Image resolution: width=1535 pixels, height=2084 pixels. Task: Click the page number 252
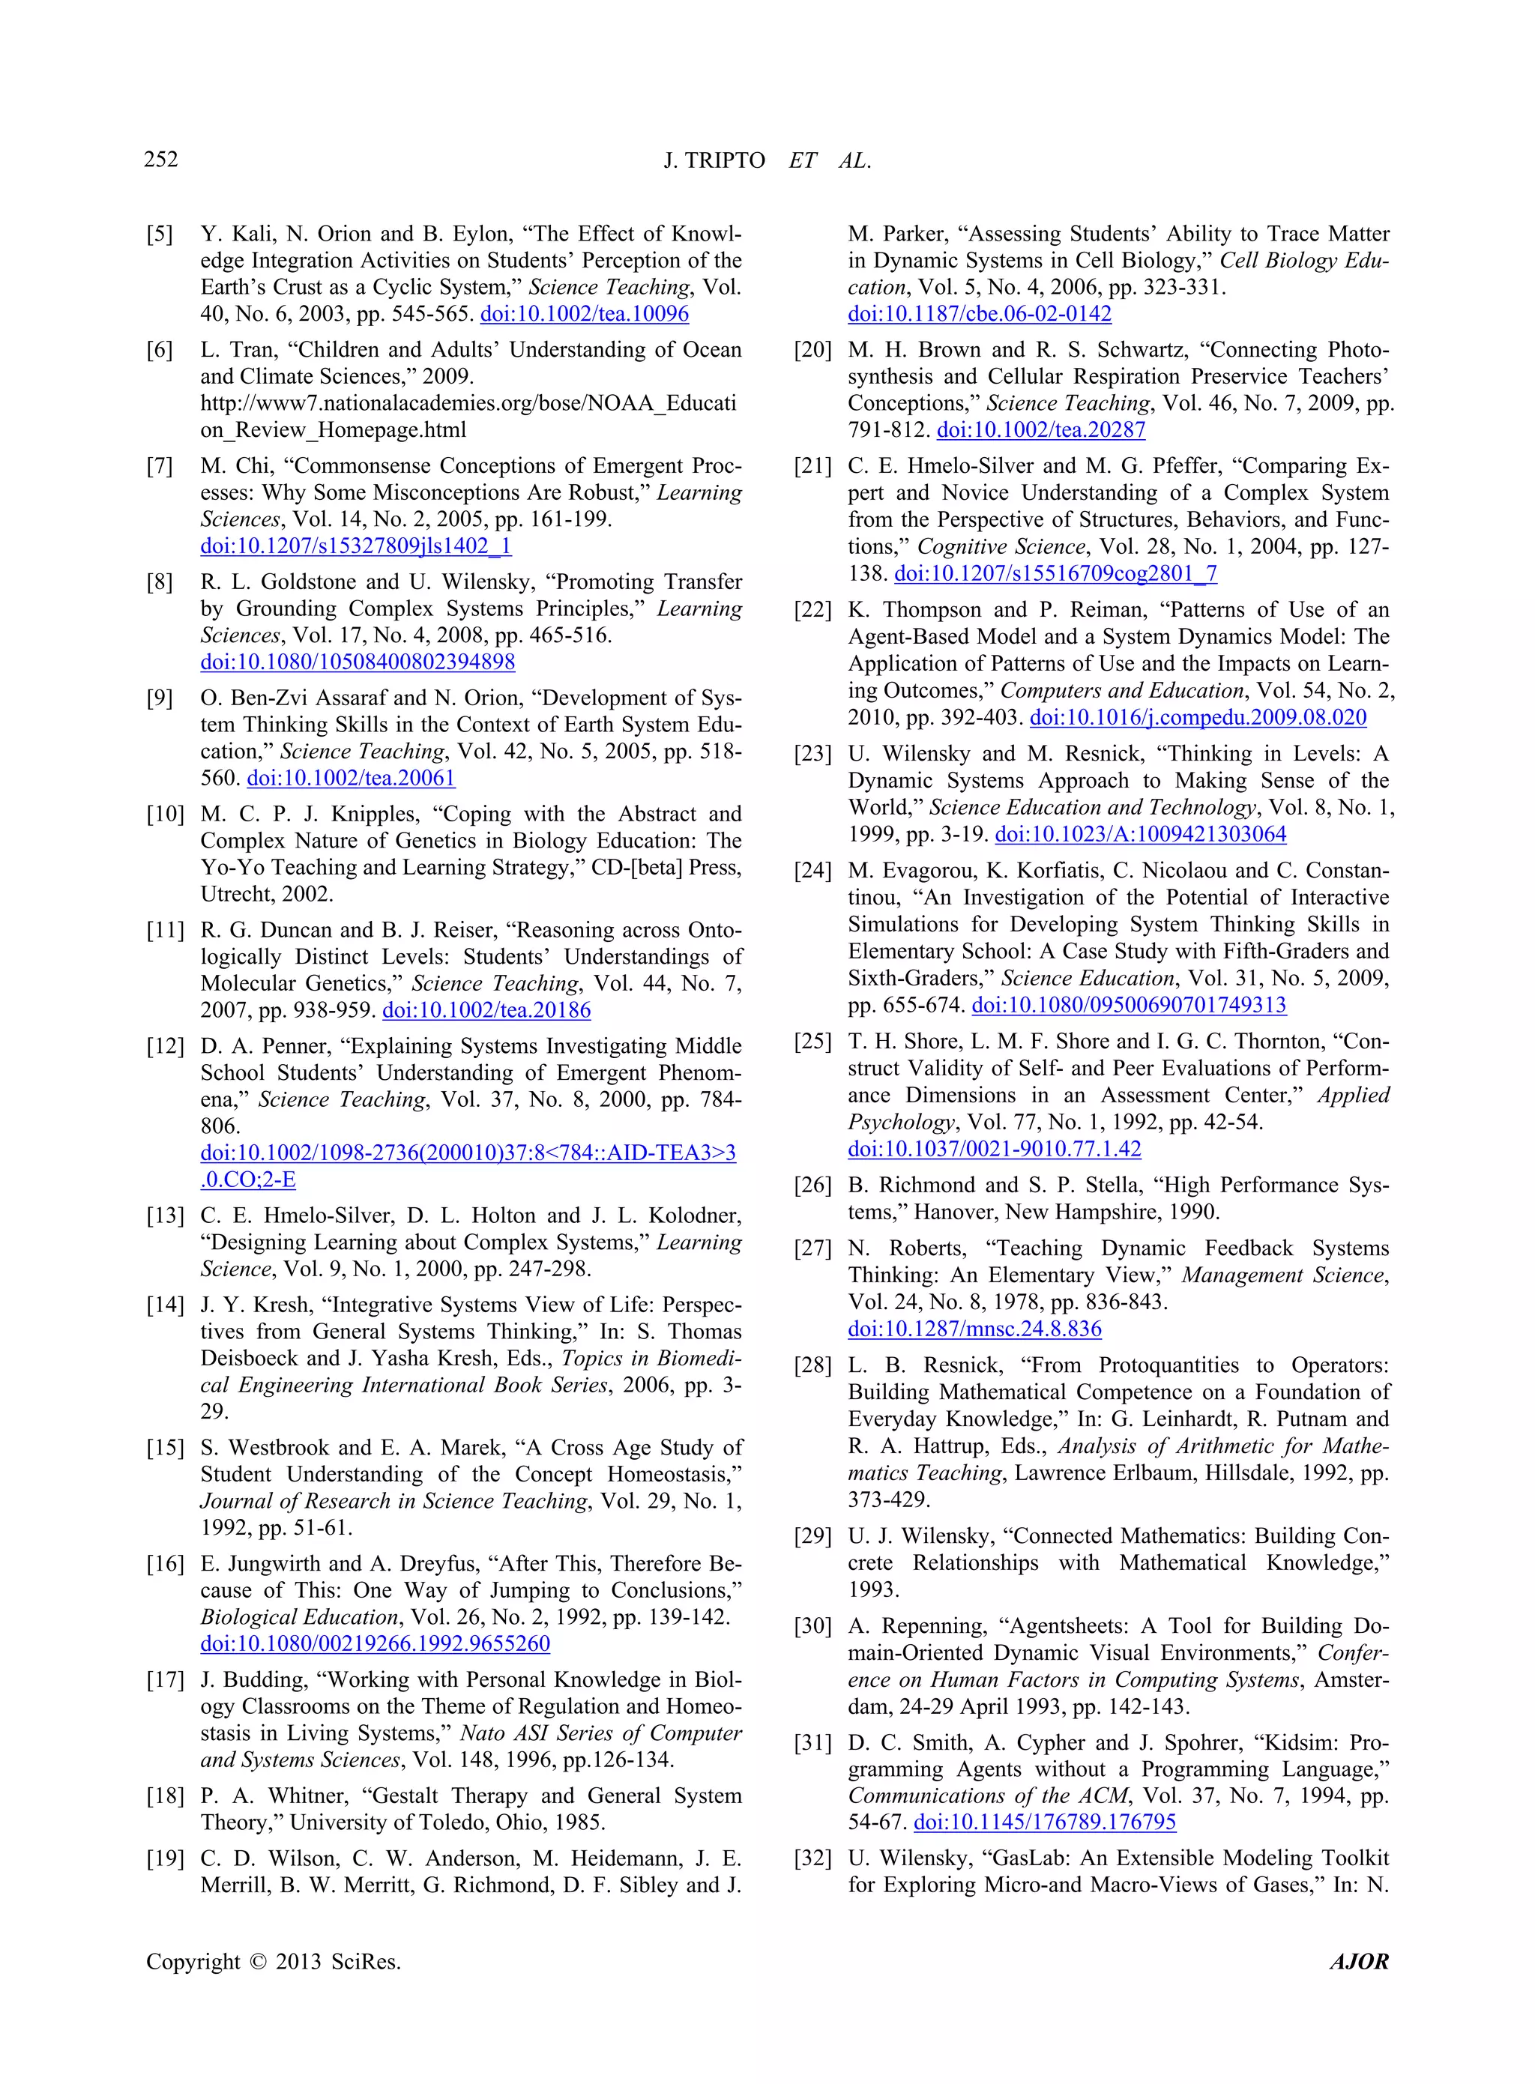[x=160, y=160]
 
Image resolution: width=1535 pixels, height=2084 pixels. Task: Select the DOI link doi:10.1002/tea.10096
[x=585, y=314]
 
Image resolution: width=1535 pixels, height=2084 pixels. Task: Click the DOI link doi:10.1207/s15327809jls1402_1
[x=356, y=546]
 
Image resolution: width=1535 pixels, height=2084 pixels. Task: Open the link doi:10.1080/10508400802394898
[x=358, y=662]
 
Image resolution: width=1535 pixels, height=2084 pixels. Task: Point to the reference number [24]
[x=812, y=871]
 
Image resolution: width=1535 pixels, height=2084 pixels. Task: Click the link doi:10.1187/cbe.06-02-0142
[x=980, y=314]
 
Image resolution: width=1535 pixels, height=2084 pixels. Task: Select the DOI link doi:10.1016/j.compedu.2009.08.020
[x=1198, y=717]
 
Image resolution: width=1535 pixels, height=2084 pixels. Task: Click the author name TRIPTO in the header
[x=726, y=160]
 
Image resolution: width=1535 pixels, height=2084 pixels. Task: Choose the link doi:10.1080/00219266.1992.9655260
[x=376, y=1643]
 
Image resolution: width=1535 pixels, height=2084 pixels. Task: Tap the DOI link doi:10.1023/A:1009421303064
[x=1140, y=834]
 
